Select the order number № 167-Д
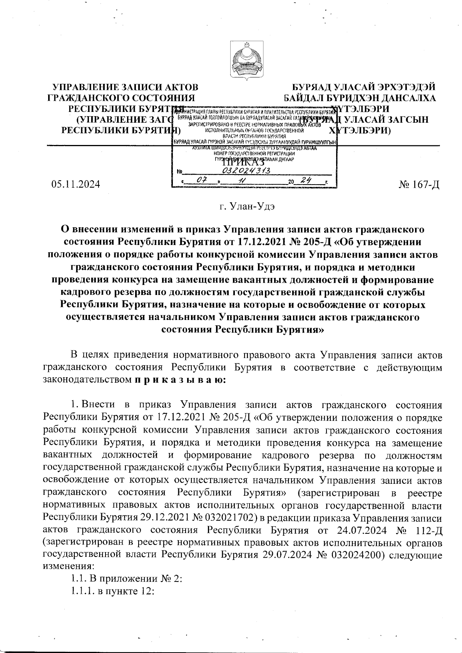[420, 185]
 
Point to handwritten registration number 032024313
[246, 170]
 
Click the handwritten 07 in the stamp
[200, 180]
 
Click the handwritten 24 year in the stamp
[307, 180]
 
